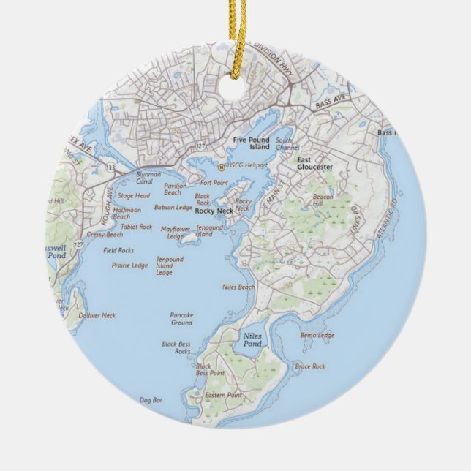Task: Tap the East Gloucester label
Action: point(314,163)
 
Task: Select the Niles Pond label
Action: point(252,339)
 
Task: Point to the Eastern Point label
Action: point(223,395)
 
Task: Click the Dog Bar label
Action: point(150,400)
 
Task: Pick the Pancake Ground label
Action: point(181,318)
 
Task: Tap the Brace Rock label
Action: point(309,366)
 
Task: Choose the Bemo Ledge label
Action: point(317,335)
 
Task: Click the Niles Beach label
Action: point(238,287)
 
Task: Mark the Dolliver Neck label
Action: point(98,315)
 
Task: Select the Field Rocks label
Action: point(118,250)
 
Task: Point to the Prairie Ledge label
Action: point(130,265)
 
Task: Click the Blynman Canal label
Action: point(148,178)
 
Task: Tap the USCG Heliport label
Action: point(247,165)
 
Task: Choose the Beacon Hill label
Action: point(323,200)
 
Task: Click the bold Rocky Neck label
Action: point(214,211)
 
